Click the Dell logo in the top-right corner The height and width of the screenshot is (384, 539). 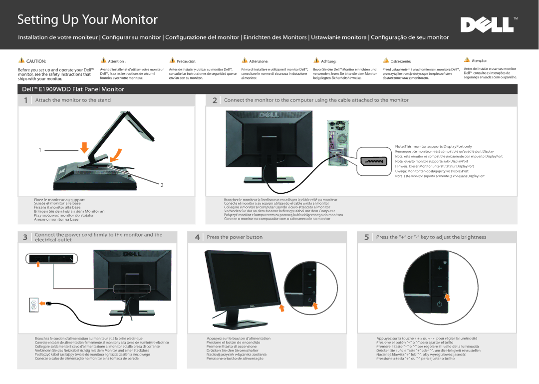[x=487, y=24]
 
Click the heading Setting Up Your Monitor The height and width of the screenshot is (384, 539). [x=88, y=19]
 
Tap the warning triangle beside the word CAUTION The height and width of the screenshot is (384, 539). [x=21, y=60]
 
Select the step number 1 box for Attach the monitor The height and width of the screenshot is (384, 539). [x=26, y=100]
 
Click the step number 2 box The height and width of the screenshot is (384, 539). [x=215, y=100]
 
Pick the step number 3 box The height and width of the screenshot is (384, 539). [x=25, y=237]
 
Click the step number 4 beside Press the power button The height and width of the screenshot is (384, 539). [x=198, y=237]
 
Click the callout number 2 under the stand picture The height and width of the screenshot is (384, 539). [x=162, y=185]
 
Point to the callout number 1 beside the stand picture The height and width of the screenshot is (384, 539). [x=40, y=150]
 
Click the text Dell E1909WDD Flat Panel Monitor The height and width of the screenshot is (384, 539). [x=73, y=89]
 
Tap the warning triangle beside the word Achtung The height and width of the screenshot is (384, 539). [x=315, y=60]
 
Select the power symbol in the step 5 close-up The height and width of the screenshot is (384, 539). [x=440, y=304]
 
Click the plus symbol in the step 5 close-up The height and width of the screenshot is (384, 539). [x=440, y=268]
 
